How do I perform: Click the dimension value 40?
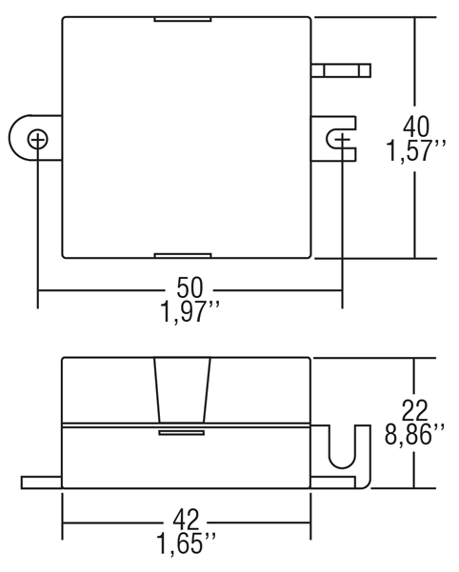coord(416,128)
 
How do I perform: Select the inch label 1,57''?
coord(415,151)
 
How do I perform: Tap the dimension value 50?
coord(189,287)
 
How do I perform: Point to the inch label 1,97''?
coord(190,312)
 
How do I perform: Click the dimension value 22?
coord(414,410)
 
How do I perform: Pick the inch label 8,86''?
coord(414,434)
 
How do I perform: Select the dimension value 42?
coord(186,520)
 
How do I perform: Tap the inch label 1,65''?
coord(186,543)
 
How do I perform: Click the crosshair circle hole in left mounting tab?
coord(37,139)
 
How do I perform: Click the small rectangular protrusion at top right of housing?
coord(341,70)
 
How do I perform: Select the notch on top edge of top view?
coord(183,19)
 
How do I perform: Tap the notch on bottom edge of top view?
coord(183,255)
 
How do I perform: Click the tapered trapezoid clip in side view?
coord(183,390)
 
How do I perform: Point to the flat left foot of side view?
coord(41,483)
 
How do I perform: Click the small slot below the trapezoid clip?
coord(181,433)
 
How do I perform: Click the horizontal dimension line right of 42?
coord(261,523)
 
